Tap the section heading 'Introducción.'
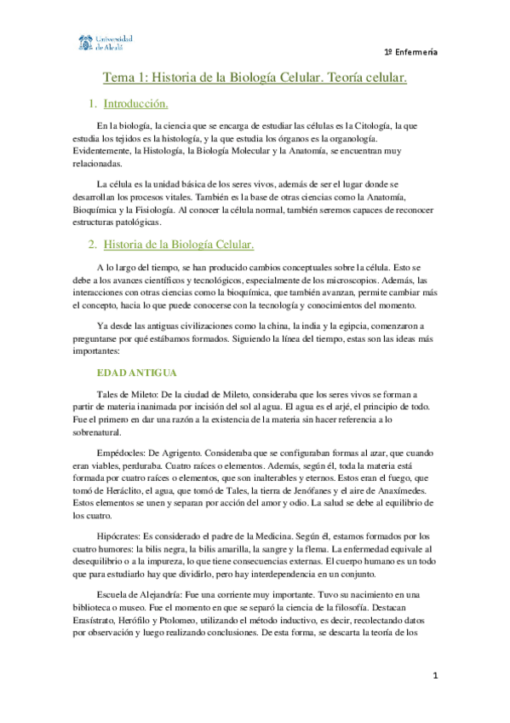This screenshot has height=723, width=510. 135,105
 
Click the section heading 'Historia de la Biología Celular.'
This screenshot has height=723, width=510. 179,246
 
